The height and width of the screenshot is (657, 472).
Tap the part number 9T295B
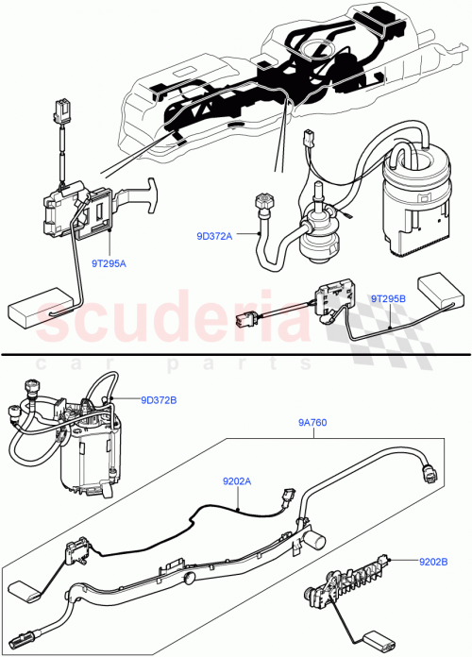click(388, 299)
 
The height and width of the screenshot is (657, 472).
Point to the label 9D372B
click(159, 399)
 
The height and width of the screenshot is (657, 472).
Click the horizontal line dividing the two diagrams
click(236, 354)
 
